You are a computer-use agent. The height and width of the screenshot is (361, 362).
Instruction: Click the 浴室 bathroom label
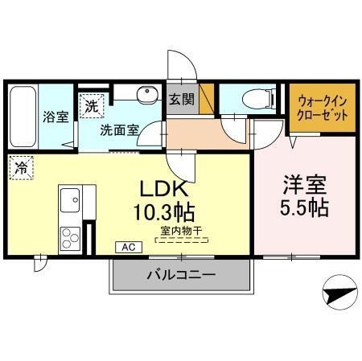(x=56, y=116)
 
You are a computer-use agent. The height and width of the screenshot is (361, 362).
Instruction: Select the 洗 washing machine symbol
(x=91, y=105)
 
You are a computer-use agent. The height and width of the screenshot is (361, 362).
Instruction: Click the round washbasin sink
(x=146, y=97)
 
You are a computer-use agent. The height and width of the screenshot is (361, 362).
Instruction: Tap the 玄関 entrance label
(x=182, y=100)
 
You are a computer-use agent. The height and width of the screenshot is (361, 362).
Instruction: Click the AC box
(x=127, y=247)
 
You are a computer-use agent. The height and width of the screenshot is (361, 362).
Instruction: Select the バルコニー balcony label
(x=180, y=275)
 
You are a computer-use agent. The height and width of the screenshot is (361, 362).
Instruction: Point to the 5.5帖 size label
(x=303, y=207)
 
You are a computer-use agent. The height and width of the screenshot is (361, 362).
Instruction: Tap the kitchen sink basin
(x=69, y=197)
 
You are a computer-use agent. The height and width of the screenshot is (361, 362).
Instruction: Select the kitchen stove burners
(x=69, y=238)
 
